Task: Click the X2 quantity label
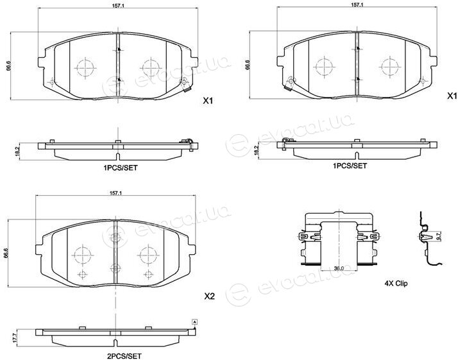point(209,296)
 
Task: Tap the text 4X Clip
point(396,283)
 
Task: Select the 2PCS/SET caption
point(124,356)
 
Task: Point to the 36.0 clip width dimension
point(339,268)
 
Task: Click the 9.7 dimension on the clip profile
point(438,236)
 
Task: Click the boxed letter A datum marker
point(195,322)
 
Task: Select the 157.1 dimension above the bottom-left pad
point(115,193)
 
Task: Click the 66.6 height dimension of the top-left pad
point(8,66)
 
